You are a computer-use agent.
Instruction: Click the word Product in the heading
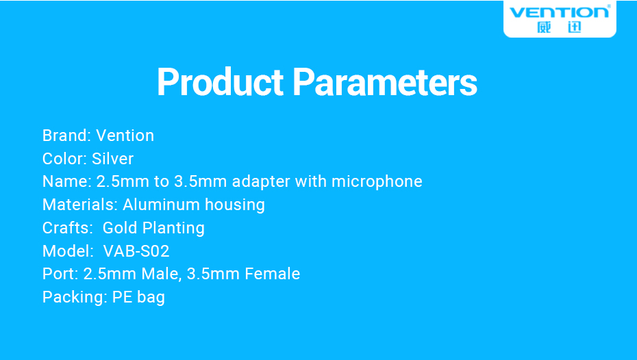click(x=220, y=82)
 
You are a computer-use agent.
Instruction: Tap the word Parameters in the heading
click(x=384, y=82)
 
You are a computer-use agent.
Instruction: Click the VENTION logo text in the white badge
click(x=560, y=12)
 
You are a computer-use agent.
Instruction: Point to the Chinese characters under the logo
click(x=559, y=27)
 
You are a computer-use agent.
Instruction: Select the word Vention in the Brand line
click(x=125, y=136)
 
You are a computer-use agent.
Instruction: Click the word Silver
click(x=112, y=159)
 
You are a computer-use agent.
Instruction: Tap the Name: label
click(x=67, y=181)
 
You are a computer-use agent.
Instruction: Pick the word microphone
click(x=377, y=182)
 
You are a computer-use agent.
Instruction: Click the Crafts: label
click(x=67, y=228)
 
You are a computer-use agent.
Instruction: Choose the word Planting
click(x=173, y=229)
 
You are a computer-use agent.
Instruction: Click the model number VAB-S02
click(x=136, y=251)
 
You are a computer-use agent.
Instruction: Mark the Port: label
click(x=60, y=274)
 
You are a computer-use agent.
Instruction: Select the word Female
click(x=272, y=274)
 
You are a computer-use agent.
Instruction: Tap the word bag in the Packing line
click(x=151, y=298)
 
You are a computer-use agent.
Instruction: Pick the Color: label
click(x=65, y=159)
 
